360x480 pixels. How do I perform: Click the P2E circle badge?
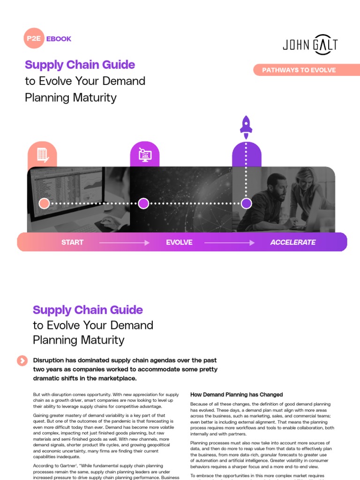tap(34, 39)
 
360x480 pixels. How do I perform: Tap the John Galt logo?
tap(310, 45)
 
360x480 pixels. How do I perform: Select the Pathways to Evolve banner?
tap(299, 70)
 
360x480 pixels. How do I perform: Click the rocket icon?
tap(246, 124)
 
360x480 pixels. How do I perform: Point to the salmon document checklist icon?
tap(43, 155)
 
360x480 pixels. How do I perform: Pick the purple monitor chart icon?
tap(144, 155)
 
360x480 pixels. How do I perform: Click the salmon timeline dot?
tap(44, 203)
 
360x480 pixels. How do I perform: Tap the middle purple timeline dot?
tap(143, 203)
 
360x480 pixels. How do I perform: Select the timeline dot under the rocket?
tap(246, 203)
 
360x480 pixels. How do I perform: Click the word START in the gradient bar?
tap(72, 242)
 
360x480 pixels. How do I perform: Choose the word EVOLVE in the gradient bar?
tap(179, 242)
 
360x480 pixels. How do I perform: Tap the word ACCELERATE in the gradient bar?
tap(292, 242)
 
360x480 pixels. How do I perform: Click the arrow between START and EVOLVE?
tap(124, 243)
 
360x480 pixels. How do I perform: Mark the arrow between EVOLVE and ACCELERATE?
tap(229, 243)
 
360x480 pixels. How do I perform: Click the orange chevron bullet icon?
tap(22, 360)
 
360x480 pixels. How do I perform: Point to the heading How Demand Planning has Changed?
tap(236, 395)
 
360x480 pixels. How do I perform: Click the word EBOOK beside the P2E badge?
tap(59, 39)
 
